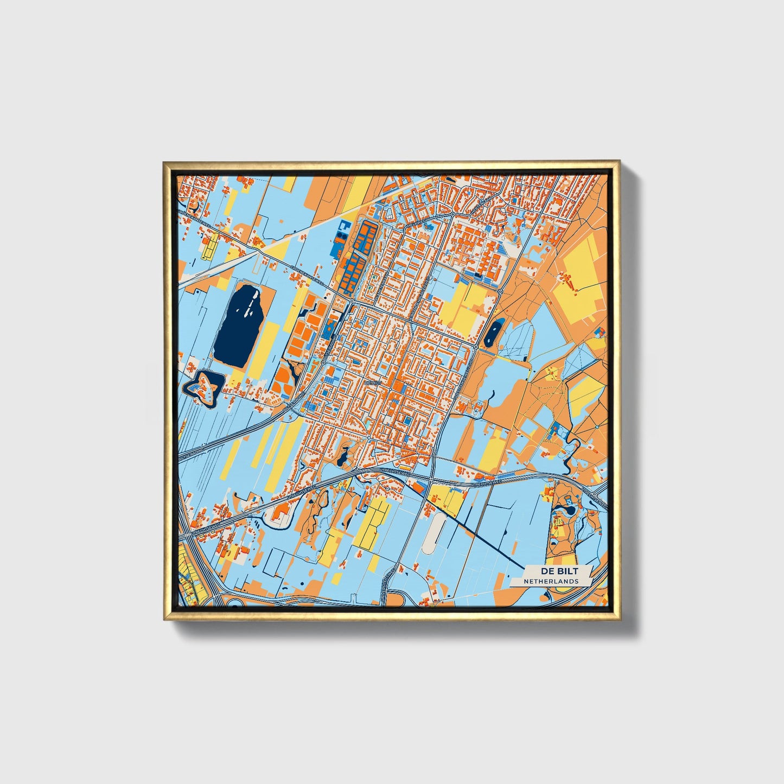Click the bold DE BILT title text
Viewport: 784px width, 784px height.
pyautogui.click(x=558, y=571)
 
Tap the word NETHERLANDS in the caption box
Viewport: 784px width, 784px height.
pyautogui.click(x=551, y=581)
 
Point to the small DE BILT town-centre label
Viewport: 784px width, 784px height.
pyautogui.click(x=374, y=383)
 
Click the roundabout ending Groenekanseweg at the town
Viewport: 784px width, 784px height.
pyautogui.click(x=352, y=300)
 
